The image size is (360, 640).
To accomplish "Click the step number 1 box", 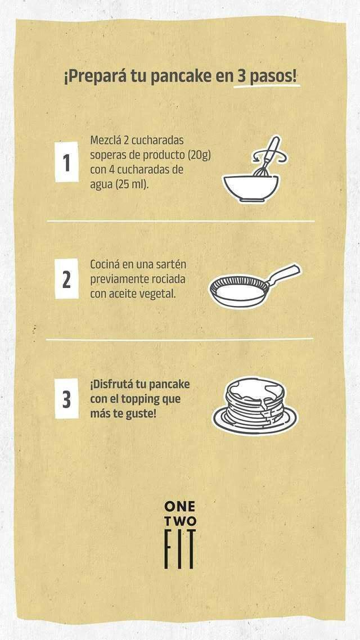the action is tap(66, 161).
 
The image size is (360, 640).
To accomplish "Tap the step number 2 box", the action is tap(66, 278).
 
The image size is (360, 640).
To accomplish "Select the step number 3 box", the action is tap(66, 398).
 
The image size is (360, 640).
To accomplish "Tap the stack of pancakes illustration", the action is tap(255, 405).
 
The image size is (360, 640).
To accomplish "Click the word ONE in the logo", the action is tap(179, 507).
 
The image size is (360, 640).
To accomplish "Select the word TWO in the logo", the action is tap(180, 522).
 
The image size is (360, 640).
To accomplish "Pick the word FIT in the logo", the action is tap(180, 549).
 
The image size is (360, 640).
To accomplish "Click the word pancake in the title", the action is tap(181, 76).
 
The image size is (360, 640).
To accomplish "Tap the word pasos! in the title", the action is tap(273, 76).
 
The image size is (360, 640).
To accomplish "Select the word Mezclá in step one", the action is tap(105, 141).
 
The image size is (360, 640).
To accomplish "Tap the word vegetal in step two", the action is tap(157, 294).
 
